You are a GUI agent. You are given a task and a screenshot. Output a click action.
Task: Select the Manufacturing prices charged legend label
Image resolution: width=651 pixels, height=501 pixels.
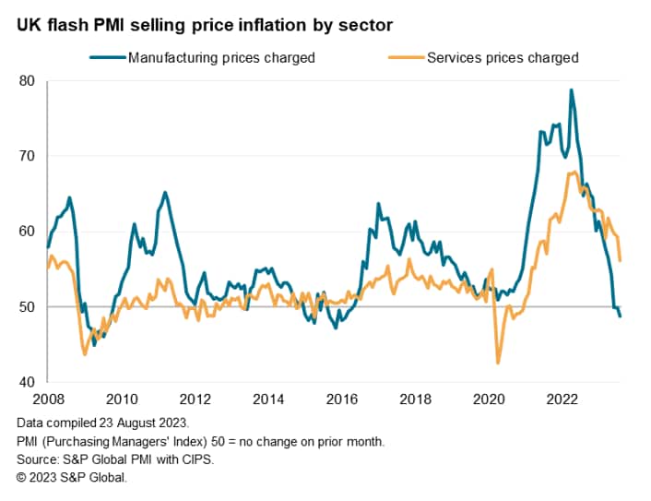(x=221, y=57)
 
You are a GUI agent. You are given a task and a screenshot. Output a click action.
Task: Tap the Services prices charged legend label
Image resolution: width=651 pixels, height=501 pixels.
(x=503, y=57)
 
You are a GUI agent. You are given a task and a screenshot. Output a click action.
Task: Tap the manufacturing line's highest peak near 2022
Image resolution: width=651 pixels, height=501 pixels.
(x=572, y=89)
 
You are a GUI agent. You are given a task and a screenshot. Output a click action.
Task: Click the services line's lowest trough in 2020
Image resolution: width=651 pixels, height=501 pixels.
(x=498, y=363)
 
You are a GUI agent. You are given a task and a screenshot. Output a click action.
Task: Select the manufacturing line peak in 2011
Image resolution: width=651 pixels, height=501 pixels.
(x=165, y=192)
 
